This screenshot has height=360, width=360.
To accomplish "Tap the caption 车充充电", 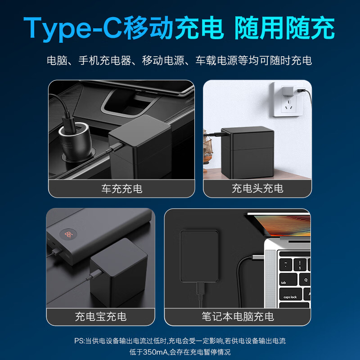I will pyautogui.click(x=122, y=189).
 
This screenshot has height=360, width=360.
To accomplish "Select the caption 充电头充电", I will pyautogui.click(x=257, y=189).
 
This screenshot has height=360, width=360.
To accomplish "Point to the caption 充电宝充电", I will pyautogui.click(x=101, y=316).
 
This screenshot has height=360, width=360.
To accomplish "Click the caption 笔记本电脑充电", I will pyautogui.click(x=238, y=316).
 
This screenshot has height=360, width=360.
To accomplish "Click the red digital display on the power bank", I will pyautogui.click(x=69, y=234).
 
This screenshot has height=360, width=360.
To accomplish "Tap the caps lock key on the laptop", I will pyautogui.click(x=290, y=297).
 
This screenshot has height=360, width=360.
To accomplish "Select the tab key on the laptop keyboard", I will pyautogui.click(x=284, y=283).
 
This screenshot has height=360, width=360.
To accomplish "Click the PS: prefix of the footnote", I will pyautogui.click(x=79, y=341).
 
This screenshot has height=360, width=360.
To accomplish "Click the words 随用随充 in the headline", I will pyautogui.click(x=284, y=28).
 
